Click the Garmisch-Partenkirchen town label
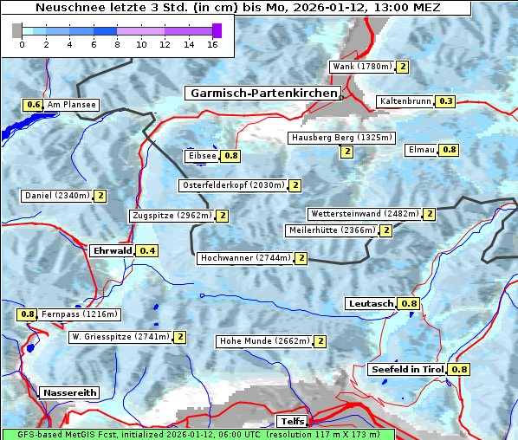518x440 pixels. [262, 93]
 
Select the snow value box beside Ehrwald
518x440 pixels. [148, 251]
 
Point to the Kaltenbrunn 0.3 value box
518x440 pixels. [445, 101]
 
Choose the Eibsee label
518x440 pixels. [202, 156]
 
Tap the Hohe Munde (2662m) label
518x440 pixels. [264, 341]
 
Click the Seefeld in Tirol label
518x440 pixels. [407, 370]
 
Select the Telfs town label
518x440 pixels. [290, 422]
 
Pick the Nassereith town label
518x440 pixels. [69, 392]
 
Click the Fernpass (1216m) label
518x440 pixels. [80, 314]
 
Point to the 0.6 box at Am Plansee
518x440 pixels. [33, 105]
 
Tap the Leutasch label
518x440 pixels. [371, 304]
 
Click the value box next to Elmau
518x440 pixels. [449, 150]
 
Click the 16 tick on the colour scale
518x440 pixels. [212, 43]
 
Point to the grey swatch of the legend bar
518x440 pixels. [17, 30]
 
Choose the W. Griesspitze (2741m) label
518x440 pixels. [120, 337]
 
